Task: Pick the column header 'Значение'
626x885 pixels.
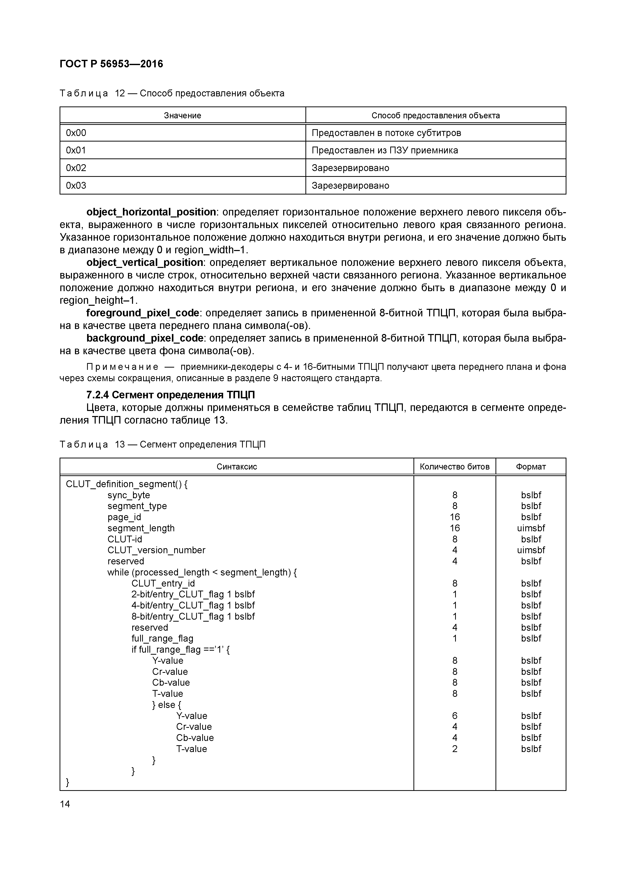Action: (x=182, y=116)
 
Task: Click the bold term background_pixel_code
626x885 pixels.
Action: (x=145, y=338)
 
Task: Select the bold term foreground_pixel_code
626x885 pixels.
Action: (x=143, y=313)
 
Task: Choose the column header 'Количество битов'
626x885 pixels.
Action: (x=454, y=467)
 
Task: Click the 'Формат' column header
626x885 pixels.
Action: (x=531, y=467)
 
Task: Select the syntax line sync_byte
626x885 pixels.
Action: (x=128, y=495)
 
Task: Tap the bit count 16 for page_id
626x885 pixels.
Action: (x=455, y=517)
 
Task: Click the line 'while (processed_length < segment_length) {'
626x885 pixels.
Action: (x=202, y=572)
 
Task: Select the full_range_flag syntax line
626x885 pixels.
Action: (x=162, y=639)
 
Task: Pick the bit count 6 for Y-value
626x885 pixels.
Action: (x=455, y=716)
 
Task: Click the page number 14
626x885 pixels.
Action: (x=65, y=804)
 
